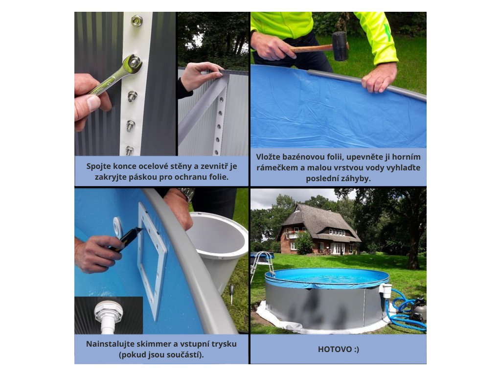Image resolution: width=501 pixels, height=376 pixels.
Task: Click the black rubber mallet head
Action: click(x=340, y=46)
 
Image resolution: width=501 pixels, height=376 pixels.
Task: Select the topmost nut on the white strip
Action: click(x=137, y=21)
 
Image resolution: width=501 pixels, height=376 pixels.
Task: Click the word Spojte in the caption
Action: click(x=97, y=166)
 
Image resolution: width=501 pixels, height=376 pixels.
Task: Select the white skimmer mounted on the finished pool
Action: click(x=385, y=290)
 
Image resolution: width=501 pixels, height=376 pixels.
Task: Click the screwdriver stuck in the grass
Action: click(x=231, y=293)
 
